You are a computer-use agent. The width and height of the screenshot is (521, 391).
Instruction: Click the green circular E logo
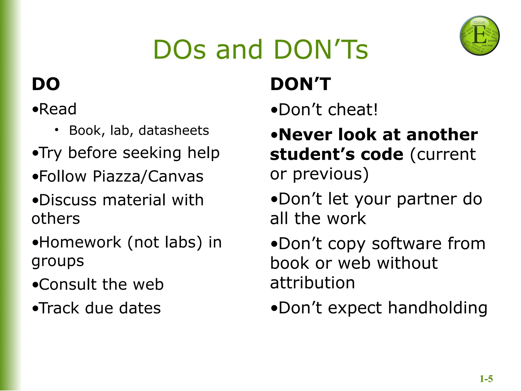480,36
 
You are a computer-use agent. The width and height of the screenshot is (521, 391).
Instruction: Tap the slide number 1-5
486,379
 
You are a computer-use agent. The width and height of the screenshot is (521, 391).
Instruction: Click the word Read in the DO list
58,109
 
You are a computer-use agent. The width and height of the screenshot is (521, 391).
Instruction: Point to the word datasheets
174,130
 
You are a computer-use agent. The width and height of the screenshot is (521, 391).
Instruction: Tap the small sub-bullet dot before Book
56,130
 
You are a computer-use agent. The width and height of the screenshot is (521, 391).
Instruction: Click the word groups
58,261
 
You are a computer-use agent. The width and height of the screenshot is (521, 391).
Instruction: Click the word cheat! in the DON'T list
353,110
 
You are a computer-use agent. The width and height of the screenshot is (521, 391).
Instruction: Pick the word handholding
438,308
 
